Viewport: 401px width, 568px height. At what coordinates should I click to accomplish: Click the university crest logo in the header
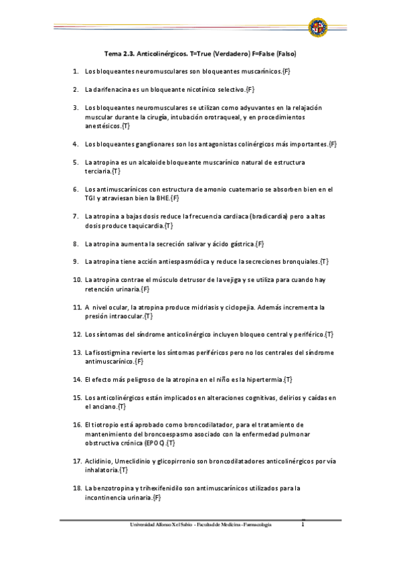(317, 27)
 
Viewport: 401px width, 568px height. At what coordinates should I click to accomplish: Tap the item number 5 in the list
(76, 162)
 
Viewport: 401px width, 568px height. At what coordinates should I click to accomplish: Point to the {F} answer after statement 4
(333, 144)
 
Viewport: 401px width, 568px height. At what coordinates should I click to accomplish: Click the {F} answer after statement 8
(260, 244)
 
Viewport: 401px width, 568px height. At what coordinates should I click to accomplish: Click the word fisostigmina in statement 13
(111, 352)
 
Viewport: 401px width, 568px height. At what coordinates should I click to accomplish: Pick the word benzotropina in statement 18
(118, 488)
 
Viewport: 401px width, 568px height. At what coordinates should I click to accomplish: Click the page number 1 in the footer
(303, 524)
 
